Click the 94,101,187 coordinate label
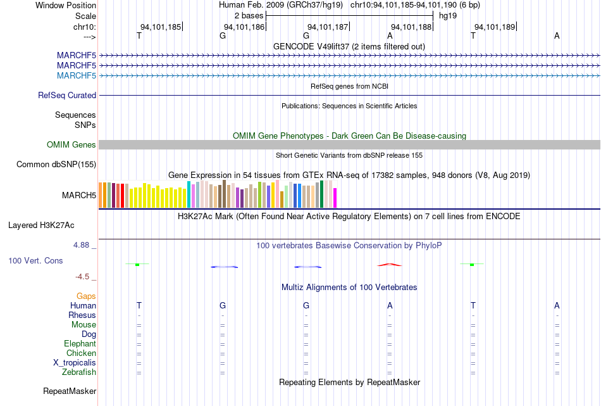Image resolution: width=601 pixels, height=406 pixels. (x=328, y=27)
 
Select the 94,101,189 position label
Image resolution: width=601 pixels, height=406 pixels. (x=495, y=27)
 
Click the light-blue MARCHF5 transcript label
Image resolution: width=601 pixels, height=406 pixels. (x=77, y=75)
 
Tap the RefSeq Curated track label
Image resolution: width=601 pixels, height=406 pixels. (x=67, y=95)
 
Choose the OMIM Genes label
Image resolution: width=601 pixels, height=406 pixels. (x=71, y=144)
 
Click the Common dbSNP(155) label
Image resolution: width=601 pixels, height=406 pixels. (x=56, y=164)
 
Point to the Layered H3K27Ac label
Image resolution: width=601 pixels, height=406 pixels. (x=41, y=225)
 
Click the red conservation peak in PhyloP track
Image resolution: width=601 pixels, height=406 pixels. (x=390, y=264)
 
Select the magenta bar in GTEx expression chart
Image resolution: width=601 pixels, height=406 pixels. (x=335, y=198)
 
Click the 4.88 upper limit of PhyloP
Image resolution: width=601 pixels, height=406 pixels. (x=81, y=245)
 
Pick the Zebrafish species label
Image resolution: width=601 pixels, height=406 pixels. (x=79, y=372)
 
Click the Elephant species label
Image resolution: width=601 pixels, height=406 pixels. (x=80, y=343)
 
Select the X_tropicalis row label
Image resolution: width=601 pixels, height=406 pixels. (x=75, y=363)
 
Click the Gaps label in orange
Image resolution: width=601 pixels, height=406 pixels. (x=86, y=296)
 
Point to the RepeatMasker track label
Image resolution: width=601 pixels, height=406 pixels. (x=70, y=391)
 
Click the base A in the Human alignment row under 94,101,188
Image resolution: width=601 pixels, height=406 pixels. (x=390, y=305)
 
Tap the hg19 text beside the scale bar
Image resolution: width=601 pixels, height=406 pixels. (x=448, y=16)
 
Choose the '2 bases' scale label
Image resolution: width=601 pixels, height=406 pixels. (x=249, y=16)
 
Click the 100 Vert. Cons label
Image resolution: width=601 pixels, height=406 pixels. (x=35, y=260)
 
